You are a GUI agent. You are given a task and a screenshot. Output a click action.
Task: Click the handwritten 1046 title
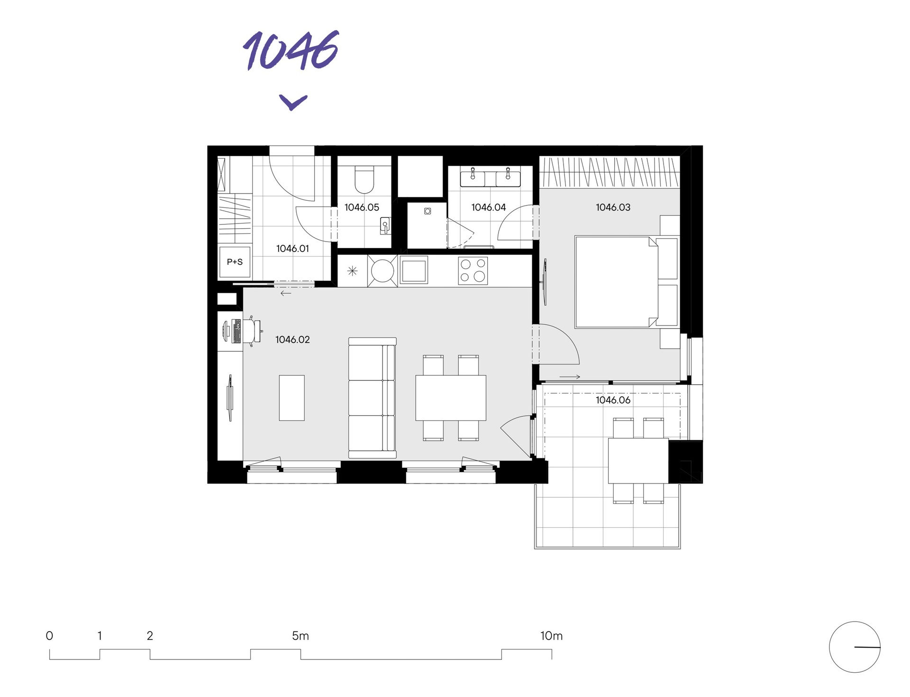291,51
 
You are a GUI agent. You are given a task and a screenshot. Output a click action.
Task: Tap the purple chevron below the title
293,102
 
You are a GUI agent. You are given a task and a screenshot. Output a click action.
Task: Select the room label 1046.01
292,249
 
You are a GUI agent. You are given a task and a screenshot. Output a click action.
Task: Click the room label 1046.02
292,340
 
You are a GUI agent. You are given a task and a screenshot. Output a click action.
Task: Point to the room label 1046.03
613,207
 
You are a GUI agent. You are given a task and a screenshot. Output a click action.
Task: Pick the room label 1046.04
488,207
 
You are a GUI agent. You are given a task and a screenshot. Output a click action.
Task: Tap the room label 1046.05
362,207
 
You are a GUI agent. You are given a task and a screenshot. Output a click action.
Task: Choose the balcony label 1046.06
613,400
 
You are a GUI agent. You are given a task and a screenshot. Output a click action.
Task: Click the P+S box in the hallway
235,262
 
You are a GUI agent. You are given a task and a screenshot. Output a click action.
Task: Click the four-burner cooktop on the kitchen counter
473,270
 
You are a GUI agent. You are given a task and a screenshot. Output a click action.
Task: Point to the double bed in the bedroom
616,282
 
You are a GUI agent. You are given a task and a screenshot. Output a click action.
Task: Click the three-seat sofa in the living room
372,398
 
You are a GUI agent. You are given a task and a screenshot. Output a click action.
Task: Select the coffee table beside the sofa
291,398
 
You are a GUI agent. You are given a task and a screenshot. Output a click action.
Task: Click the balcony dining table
638,461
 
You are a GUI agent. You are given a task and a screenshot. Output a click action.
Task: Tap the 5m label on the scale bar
300,636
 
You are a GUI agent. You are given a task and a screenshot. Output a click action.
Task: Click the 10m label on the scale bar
551,636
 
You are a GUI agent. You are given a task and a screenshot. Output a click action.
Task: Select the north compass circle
854,647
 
